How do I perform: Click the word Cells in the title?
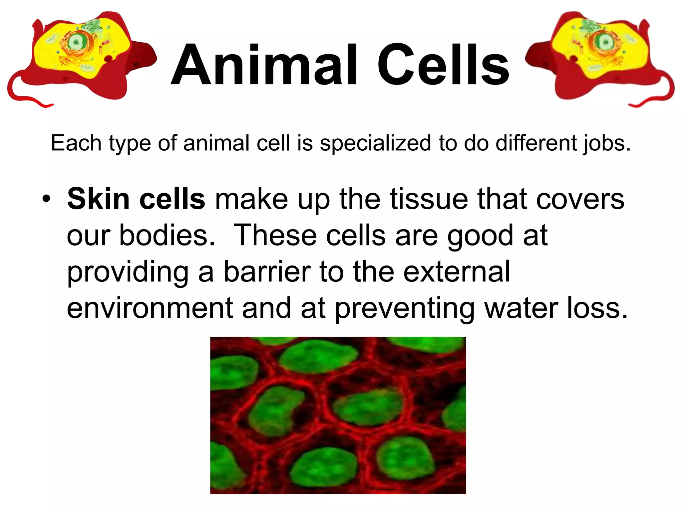coord(443,65)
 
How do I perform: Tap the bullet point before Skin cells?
coord(46,200)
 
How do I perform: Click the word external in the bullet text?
coord(457,271)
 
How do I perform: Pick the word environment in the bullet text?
coord(150,308)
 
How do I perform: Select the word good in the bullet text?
coord(480,236)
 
